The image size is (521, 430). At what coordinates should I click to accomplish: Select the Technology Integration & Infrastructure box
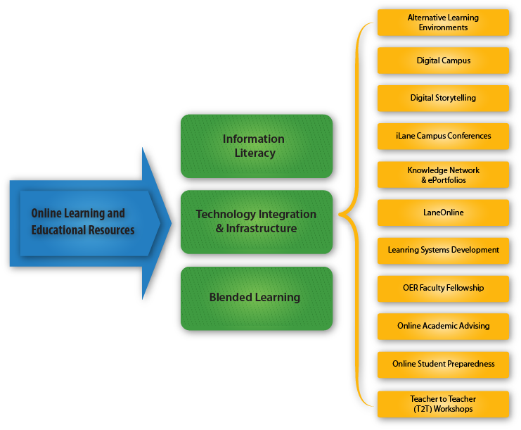[x=256, y=221]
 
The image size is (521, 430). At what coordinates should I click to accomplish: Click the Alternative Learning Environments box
[x=443, y=23]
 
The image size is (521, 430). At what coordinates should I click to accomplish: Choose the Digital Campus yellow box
[x=443, y=61]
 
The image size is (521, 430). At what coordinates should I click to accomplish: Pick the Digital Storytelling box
[x=443, y=98]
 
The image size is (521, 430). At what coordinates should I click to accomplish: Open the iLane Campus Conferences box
[x=443, y=136]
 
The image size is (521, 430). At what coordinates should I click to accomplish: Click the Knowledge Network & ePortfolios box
[x=443, y=175]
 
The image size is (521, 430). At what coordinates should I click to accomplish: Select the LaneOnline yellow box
[x=443, y=213]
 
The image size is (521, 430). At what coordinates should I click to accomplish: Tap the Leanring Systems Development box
[x=443, y=250]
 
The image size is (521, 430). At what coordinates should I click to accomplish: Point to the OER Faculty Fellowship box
[x=443, y=288]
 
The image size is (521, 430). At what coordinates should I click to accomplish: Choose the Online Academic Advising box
[x=443, y=326]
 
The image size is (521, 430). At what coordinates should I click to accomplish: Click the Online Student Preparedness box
[x=443, y=364]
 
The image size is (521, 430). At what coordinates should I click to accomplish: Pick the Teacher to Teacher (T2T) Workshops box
[x=443, y=404]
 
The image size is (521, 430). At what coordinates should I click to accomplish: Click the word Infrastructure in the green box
[x=262, y=229]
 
